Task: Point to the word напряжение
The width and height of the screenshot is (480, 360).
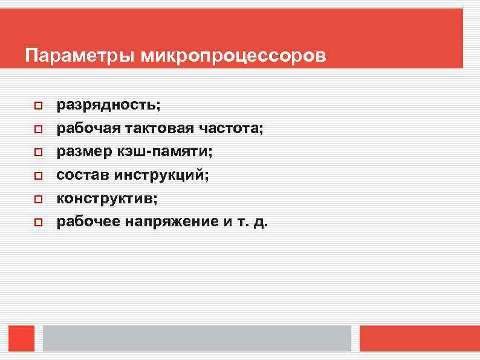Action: point(172,222)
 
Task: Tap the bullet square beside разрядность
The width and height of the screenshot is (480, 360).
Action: point(37,106)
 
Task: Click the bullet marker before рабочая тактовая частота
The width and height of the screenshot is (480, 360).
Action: point(37,129)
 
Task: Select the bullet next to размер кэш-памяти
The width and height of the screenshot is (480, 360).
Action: point(37,152)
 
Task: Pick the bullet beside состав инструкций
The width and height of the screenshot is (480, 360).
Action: point(37,176)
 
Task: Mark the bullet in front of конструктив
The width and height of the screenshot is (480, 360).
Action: point(37,199)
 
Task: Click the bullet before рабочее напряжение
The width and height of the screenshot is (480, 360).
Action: point(37,223)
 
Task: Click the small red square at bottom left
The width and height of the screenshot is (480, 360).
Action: point(22,338)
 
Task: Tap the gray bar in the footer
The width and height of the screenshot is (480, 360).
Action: point(196,338)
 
